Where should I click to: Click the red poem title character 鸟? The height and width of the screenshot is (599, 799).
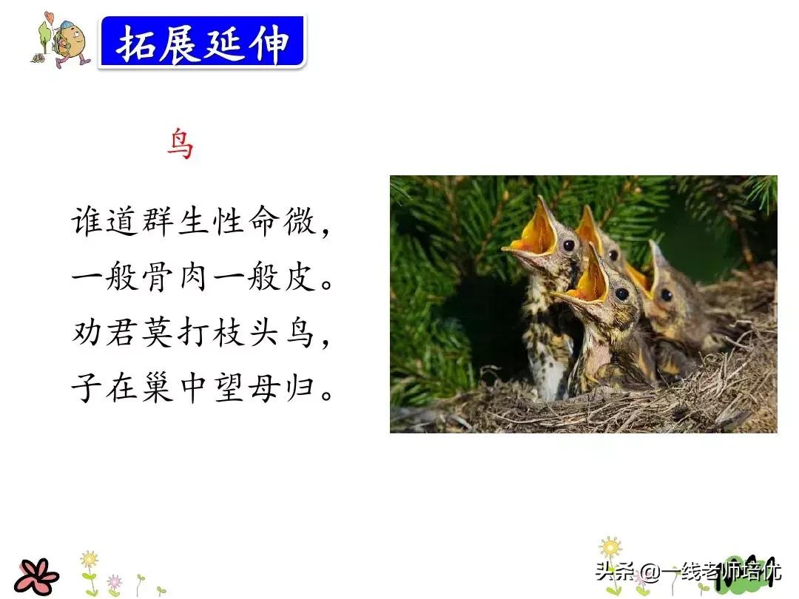(181, 144)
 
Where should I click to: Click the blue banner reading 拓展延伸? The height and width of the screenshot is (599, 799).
(202, 41)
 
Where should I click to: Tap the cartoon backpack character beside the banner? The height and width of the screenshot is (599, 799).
(61, 40)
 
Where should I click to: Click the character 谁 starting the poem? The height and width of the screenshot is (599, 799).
(87, 221)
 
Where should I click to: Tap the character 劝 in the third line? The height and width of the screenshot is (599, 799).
(87, 333)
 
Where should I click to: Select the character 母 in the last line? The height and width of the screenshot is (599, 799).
(264, 388)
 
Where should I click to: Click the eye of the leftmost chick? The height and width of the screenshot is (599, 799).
(569, 246)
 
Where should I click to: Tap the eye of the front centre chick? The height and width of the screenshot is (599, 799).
(621, 294)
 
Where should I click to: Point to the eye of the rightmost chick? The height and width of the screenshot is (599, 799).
(666, 294)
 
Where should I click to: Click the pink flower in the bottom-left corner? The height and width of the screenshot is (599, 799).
(36, 577)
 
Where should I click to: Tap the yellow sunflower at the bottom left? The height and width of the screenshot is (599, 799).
(90, 560)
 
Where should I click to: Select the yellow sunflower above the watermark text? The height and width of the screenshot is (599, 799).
(610, 547)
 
